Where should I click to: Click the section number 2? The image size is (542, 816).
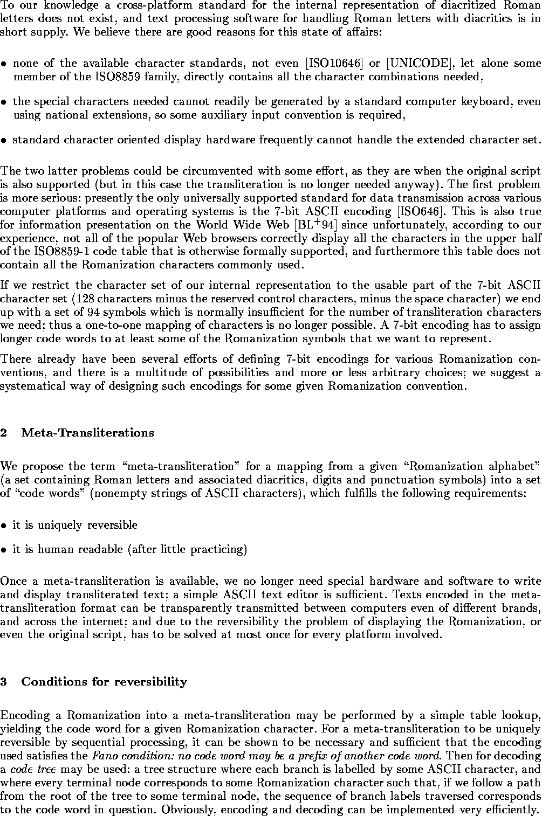pos(4,433)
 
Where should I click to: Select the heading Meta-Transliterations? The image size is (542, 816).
pos(88,433)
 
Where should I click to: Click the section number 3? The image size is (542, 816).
pos(4,682)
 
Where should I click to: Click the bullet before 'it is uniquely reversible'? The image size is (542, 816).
pos(4,525)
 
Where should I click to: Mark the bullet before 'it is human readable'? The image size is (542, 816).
pos(4,550)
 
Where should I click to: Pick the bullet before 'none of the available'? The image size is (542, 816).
pos(4,64)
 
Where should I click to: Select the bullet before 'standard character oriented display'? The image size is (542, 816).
pos(4,141)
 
